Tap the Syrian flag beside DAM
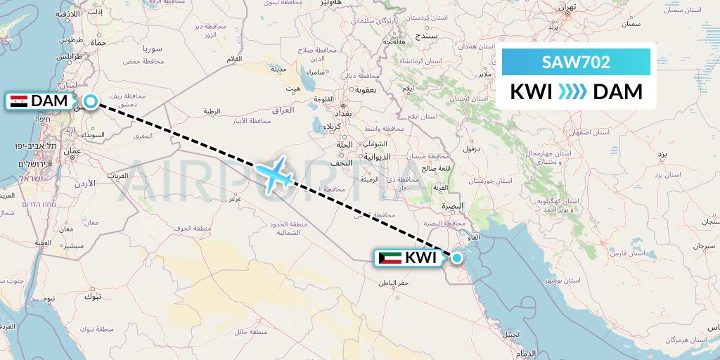pyautogui.click(x=19, y=101)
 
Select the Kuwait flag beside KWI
pyautogui.click(x=390, y=258)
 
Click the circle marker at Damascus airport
pyautogui.click(x=91, y=102)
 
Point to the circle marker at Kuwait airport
pyautogui.click(x=457, y=258)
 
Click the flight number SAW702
pyautogui.click(x=576, y=62)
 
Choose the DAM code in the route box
pyautogui.click(x=617, y=92)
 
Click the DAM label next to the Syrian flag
pyautogui.click(x=49, y=101)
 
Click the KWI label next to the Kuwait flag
pyautogui.click(x=421, y=258)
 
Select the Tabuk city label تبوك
pyautogui.click(x=92, y=296)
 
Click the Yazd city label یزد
pyautogui.click(x=662, y=153)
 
